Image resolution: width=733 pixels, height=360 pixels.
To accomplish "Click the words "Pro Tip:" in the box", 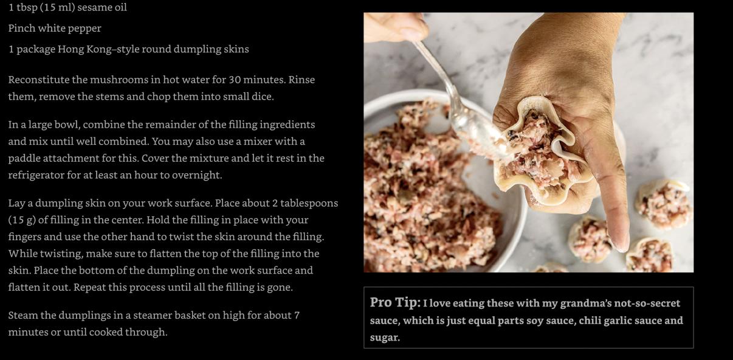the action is pos(395,303).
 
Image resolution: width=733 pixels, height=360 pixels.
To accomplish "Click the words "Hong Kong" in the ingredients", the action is pos(84,49).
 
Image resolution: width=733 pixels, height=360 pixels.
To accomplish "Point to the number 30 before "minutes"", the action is pos(235,80).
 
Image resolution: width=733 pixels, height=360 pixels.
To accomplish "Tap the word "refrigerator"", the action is pos(36,175).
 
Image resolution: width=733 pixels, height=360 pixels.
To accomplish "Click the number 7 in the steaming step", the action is pos(297,315).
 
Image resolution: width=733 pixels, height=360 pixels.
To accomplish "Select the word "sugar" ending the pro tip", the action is pos(384,337).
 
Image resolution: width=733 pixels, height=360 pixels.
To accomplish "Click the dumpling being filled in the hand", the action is pos(542,151).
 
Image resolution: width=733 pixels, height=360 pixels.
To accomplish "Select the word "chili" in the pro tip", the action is pos(590,320).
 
